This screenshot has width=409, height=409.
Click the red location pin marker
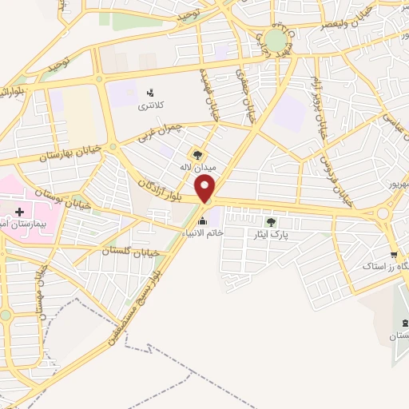[207, 189]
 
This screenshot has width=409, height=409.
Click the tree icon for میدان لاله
[197, 154]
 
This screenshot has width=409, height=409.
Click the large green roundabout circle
[276, 40]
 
